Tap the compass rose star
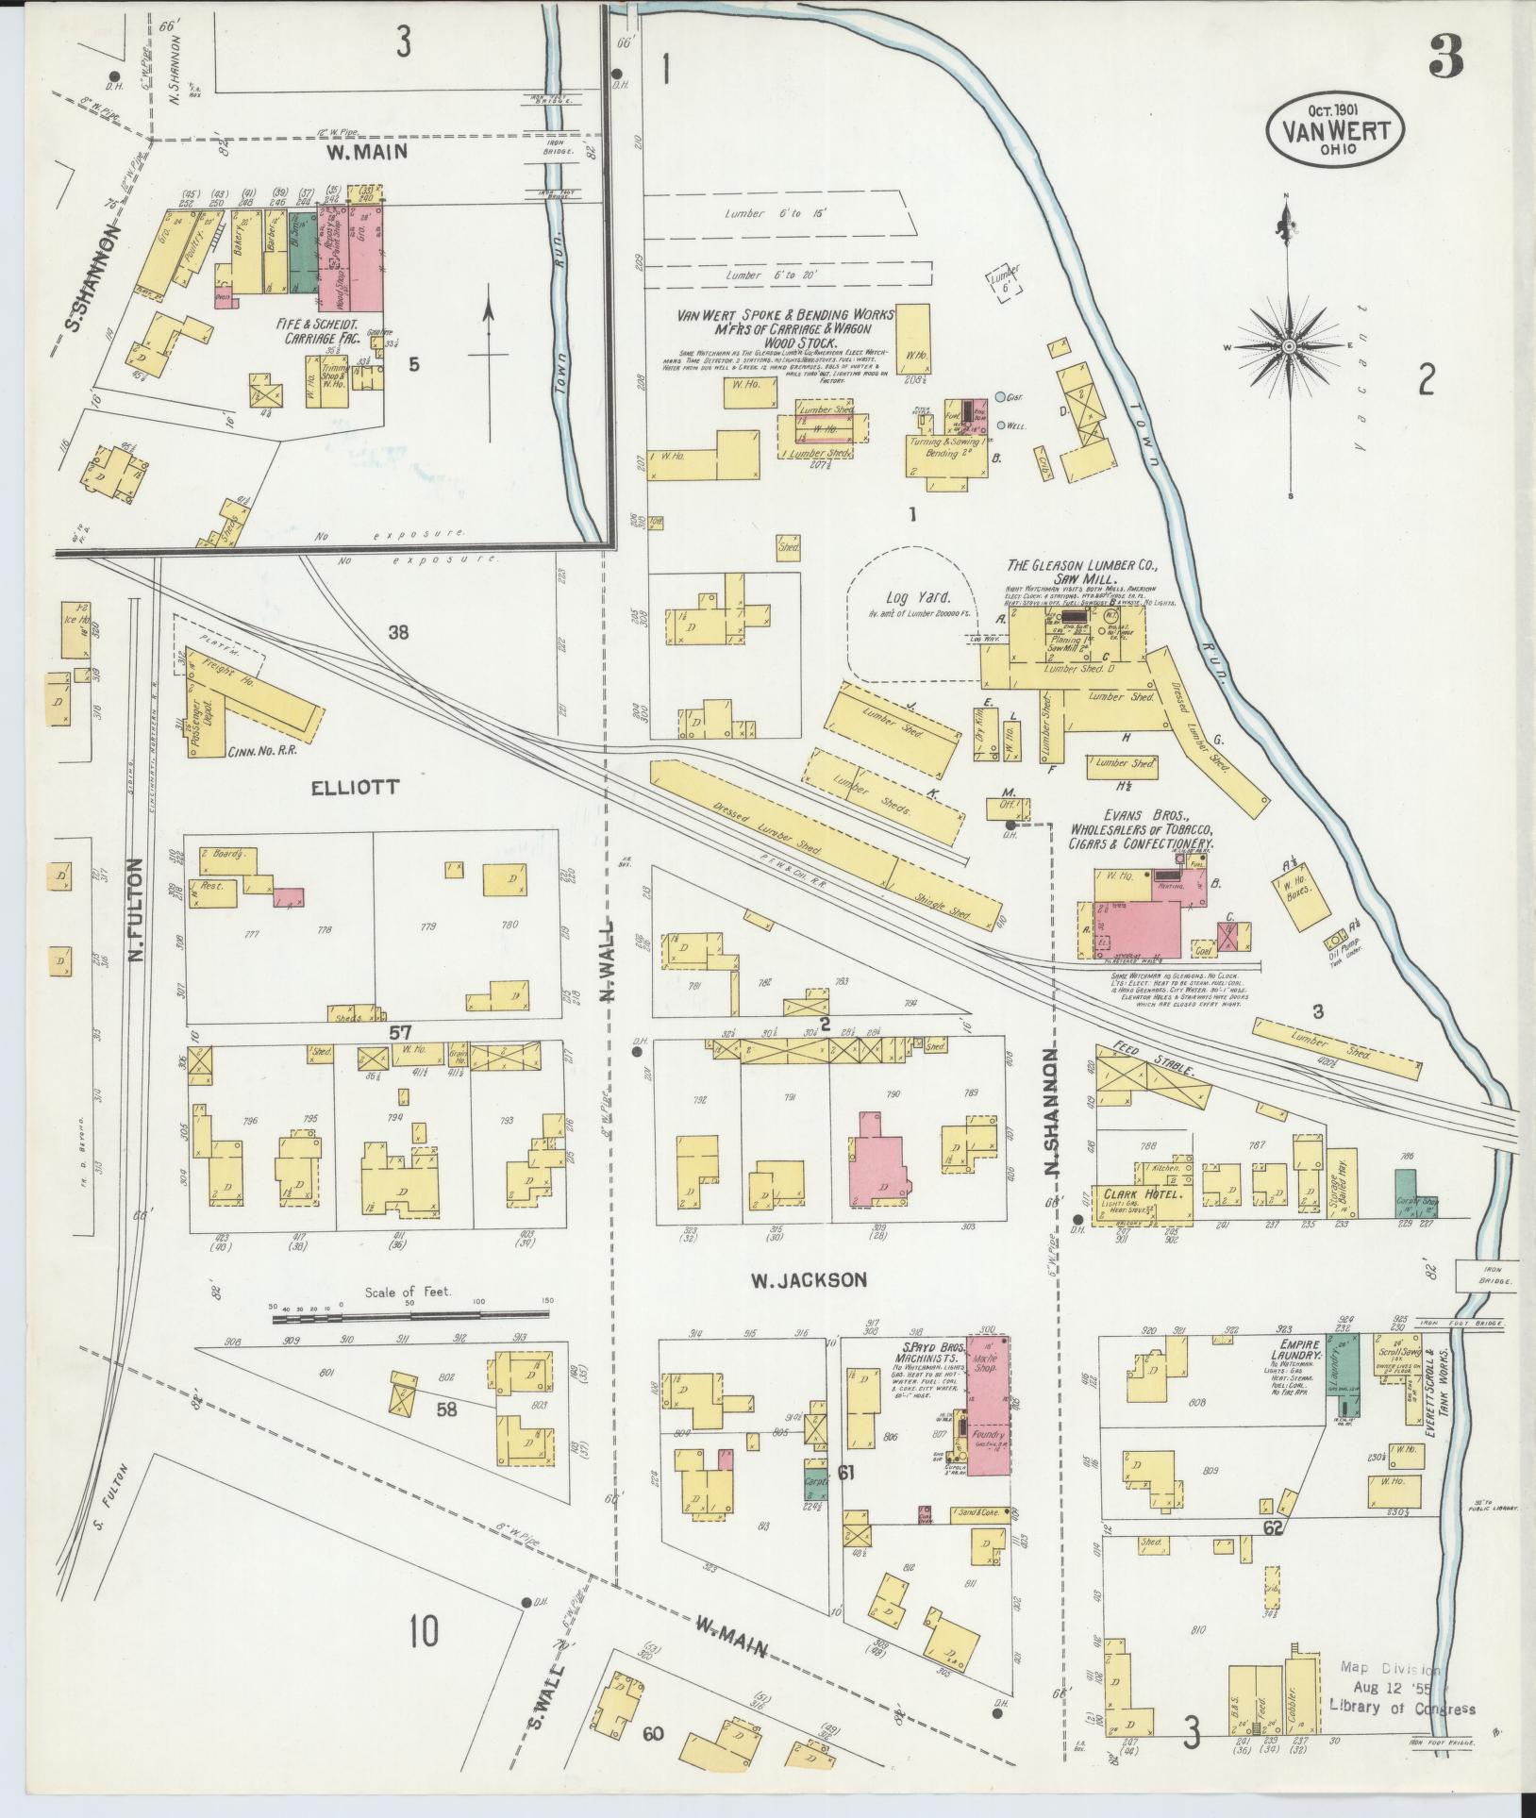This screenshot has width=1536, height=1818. [x=1288, y=347]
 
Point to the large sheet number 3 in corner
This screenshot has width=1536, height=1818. [x=1447, y=58]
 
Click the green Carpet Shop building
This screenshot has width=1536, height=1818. [x=1406, y=1193]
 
